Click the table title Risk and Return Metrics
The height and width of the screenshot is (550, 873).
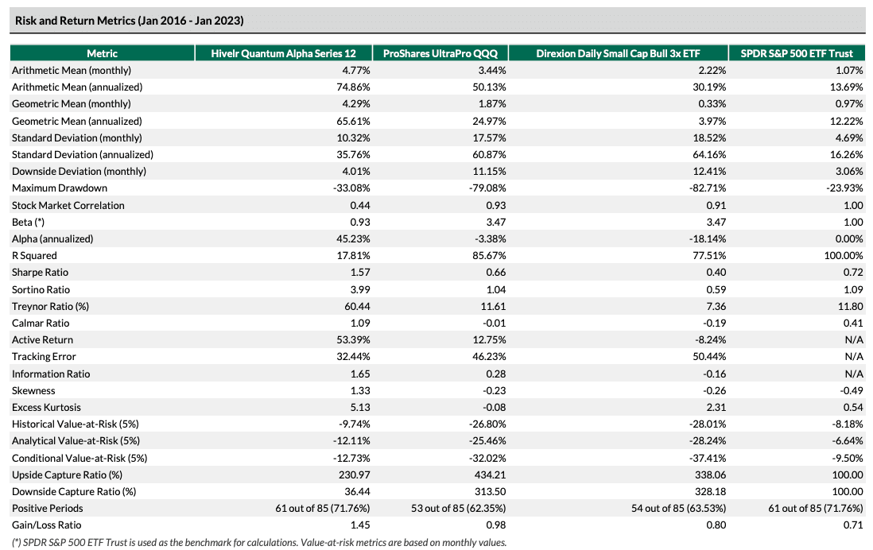pos(129,21)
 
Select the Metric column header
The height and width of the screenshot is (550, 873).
pos(102,53)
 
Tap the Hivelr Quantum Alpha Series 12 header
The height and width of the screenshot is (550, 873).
pos(283,53)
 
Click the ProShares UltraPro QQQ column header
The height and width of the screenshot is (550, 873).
pos(440,53)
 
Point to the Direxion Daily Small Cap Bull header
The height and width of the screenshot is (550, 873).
pos(618,53)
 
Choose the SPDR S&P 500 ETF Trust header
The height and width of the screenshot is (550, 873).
pos(797,53)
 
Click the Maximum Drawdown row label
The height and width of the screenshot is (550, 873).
pos(60,188)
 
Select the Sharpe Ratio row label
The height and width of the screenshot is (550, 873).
pos(40,272)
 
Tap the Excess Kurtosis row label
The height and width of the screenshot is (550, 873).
pos(46,408)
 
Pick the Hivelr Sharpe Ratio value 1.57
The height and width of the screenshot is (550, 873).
pos(361,272)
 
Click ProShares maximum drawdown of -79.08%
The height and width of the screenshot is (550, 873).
pos(487,188)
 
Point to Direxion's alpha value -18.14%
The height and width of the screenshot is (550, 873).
pos(708,238)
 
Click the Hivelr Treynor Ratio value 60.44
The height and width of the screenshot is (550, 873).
pos(358,306)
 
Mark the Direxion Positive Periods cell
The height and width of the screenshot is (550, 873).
pos(679,508)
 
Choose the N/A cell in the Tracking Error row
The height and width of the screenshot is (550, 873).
pos(854,356)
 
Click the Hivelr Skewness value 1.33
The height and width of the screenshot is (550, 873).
pos(361,391)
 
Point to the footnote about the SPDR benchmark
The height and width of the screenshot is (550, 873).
pos(259,542)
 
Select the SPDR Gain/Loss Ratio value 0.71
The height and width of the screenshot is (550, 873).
pos(853,525)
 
